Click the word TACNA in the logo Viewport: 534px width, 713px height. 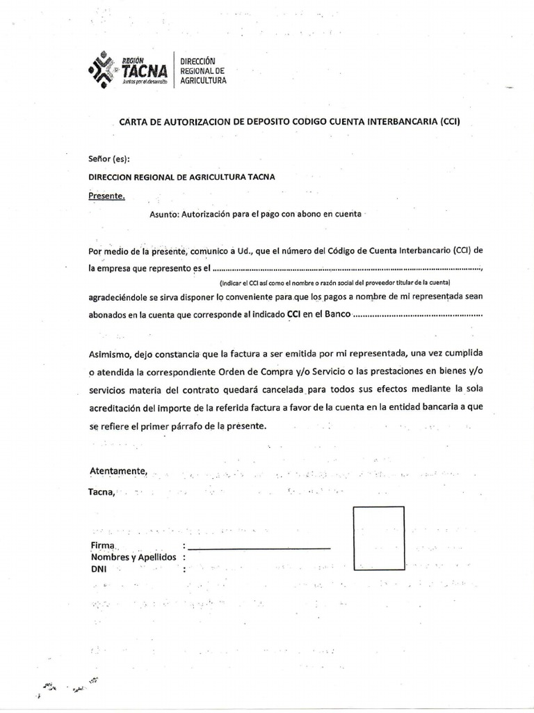(x=143, y=71)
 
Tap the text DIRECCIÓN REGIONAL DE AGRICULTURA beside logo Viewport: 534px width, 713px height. (x=203, y=71)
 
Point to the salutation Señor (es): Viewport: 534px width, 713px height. (x=109, y=159)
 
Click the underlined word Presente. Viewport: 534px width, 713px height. (x=106, y=196)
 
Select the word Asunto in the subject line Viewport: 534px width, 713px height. (x=164, y=214)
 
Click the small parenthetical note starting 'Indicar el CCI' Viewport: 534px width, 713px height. (x=334, y=283)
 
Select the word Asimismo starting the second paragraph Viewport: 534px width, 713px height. (x=110, y=354)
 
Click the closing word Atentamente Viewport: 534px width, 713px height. (x=118, y=471)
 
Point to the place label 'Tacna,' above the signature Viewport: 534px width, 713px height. (x=102, y=492)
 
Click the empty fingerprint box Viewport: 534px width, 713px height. (x=379, y=539)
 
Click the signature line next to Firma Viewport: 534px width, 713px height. (x=258, y=548)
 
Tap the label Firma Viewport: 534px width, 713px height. (x=102, y=544)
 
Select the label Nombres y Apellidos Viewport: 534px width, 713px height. (x=133, y=557)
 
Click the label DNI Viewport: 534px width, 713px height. (x=99, y=569)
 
